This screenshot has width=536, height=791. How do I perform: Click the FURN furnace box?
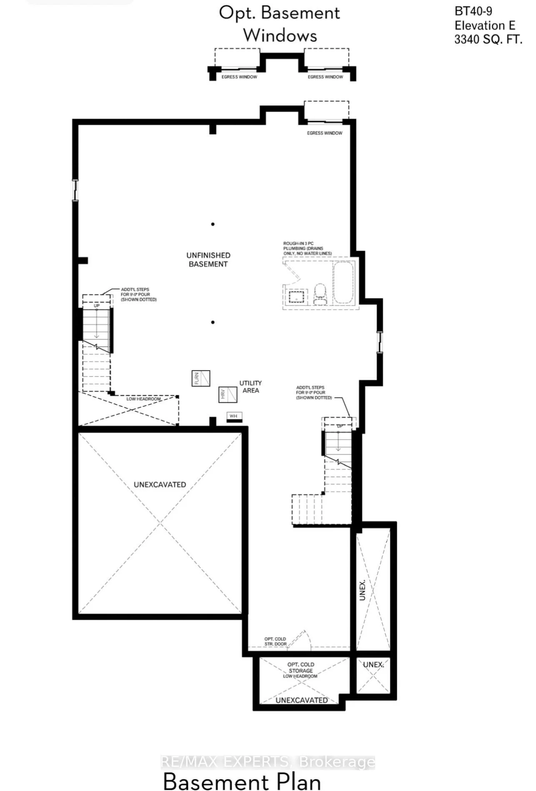pos(201,378)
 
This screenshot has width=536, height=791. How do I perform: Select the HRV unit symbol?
pos(228,394)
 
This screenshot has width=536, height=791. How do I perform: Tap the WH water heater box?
pos(234,417)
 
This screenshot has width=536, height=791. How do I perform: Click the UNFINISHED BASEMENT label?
pos(208,259)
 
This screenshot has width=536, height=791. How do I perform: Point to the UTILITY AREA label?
pos(250,387)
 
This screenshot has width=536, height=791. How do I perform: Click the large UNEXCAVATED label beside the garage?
pos(160,485)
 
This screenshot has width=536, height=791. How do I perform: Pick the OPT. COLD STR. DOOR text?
pos(275,641)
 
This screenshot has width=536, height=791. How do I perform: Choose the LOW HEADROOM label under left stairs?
pos(143,399)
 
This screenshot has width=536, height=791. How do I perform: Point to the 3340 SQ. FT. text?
pos(488,40)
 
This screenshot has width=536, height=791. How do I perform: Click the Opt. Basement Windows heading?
pos(279,24)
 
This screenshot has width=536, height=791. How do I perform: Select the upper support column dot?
pos(213,224)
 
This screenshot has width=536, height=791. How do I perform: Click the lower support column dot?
pos(213,322)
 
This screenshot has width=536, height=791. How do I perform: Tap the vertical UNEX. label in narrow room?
pos(362,590)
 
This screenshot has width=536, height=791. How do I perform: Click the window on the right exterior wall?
pos(379,342)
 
